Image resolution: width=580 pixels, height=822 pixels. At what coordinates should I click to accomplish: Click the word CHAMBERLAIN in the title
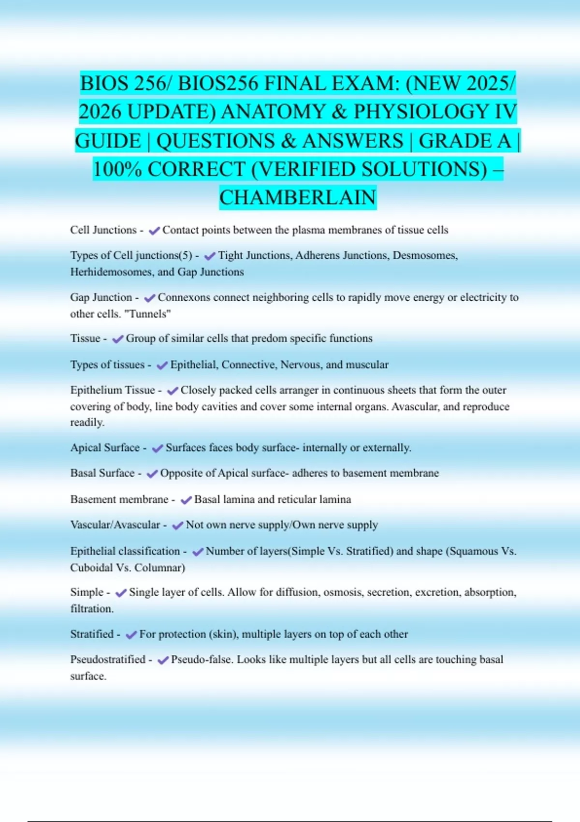[298, 198]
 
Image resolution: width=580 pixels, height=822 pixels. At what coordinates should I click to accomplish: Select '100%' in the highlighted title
[117, 170]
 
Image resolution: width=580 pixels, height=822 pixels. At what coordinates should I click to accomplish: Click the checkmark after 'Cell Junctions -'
[154, 231]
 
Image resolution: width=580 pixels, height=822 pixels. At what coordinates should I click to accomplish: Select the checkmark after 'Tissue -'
[117, 339]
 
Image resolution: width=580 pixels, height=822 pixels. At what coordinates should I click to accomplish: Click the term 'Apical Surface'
[105, 448]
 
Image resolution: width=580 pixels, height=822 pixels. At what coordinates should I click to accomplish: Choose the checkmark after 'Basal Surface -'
[152, 474]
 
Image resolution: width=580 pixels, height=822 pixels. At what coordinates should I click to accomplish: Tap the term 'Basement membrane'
[119, 499]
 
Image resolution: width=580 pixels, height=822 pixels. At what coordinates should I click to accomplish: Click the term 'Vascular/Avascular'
[115, 525]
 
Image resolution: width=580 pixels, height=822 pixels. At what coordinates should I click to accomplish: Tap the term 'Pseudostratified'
[108, 660]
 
